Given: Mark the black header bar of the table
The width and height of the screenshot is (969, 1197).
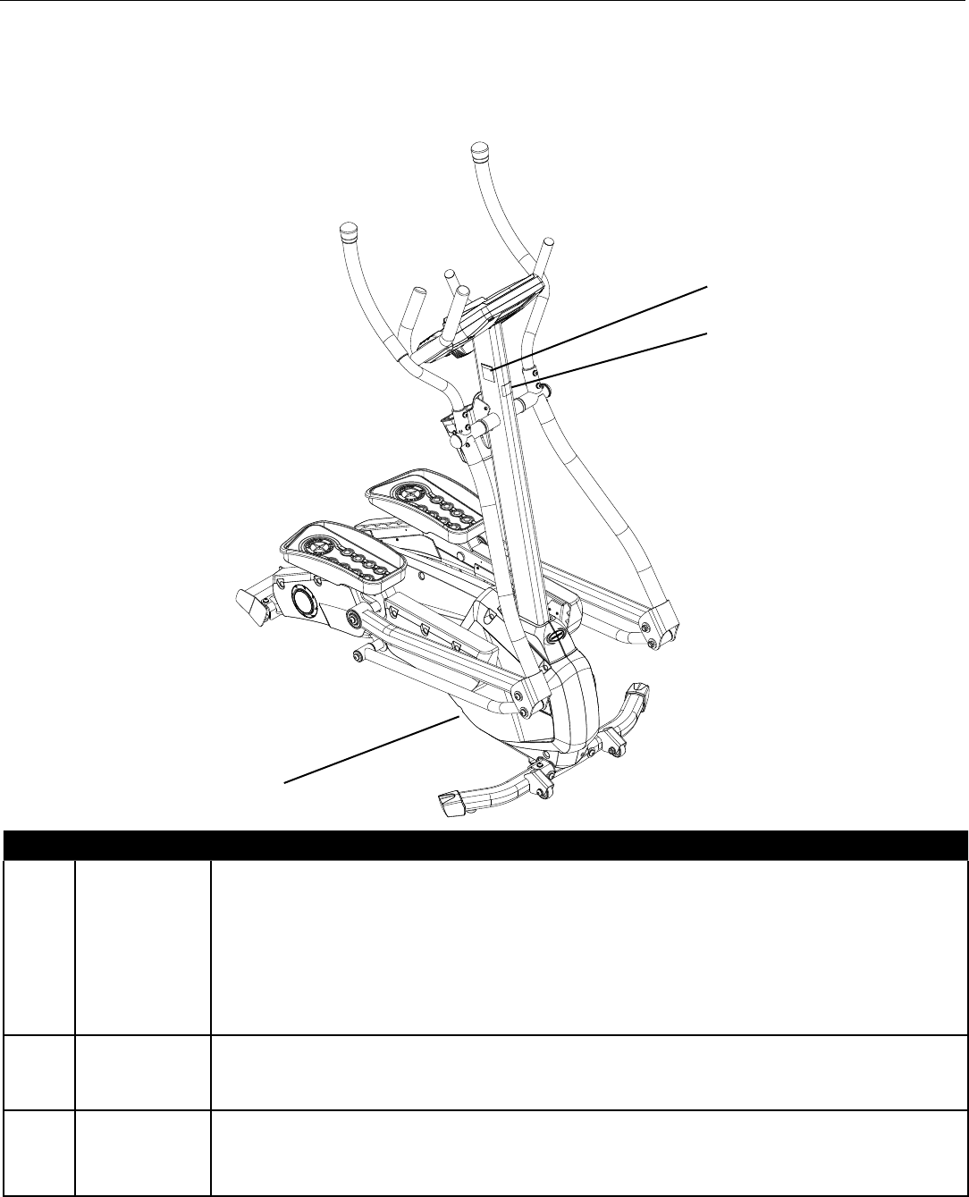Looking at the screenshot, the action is (484, 843).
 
